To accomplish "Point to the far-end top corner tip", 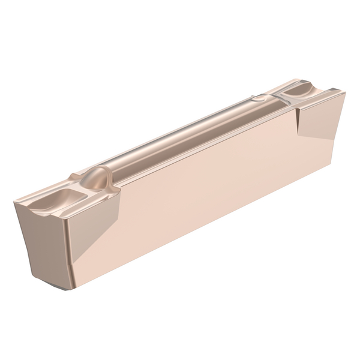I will (344, 91).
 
